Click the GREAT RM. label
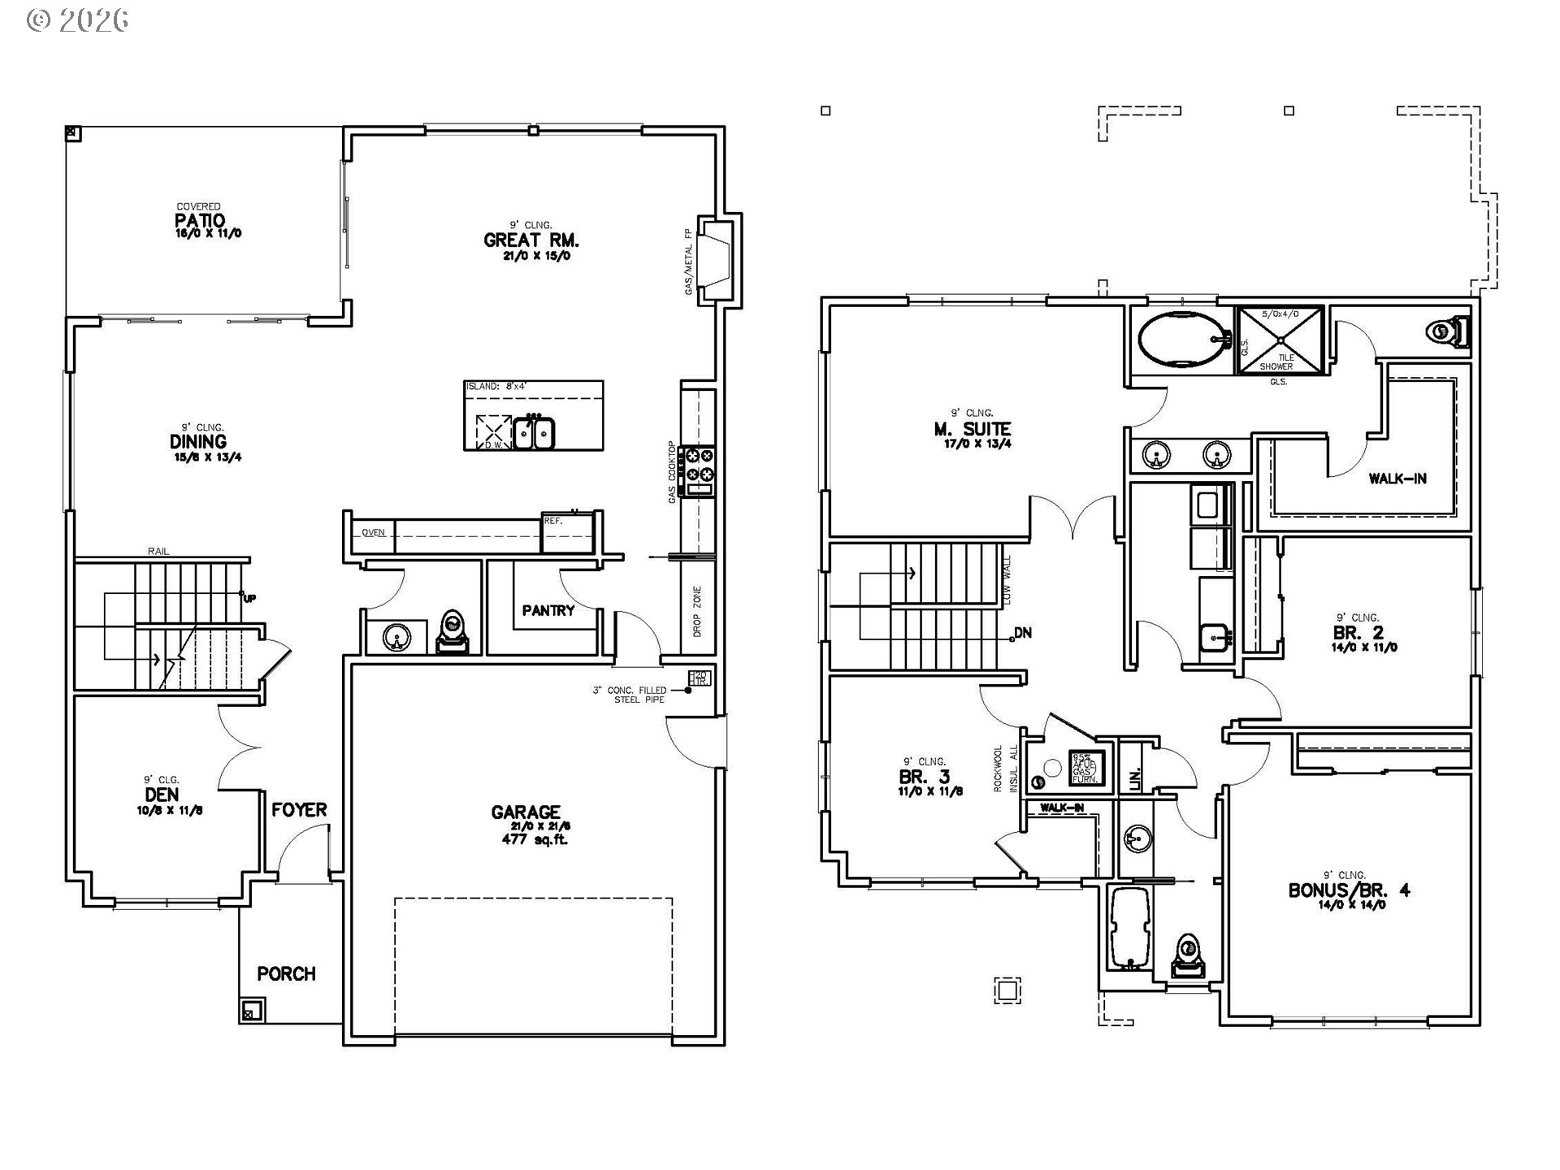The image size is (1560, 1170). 531,240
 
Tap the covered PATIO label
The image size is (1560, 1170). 200,221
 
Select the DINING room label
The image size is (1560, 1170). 198,442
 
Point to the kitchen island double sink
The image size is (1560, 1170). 534,432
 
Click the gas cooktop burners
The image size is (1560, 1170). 700,466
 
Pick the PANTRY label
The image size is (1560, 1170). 548,610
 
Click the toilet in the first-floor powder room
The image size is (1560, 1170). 452,633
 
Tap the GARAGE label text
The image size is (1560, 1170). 526,812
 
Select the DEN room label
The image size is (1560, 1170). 162,795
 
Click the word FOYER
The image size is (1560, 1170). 299,810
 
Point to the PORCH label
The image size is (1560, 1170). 286,973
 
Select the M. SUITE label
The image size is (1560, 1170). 973,429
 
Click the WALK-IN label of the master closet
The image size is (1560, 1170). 1397,479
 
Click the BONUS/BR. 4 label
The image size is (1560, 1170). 1349,890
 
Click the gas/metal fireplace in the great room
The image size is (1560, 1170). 717,259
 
